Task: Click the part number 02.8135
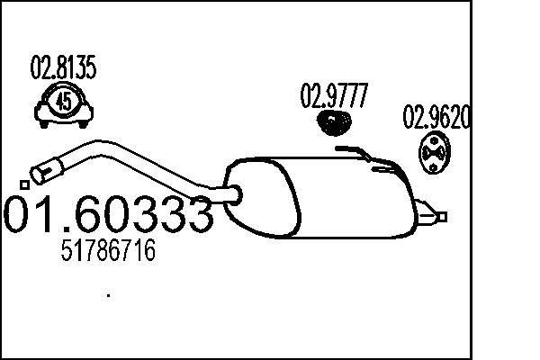pyautogui.click(x=64, y=67)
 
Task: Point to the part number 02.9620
pyautogui.click(x=436, y=118)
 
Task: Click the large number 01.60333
pyautogui.click(x=109, y=215)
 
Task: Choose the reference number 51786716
pyautogui.click(x=107, y=251)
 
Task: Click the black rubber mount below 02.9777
pyautogui.click(x=335, y=121)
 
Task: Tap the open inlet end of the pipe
pyautogui.click(x=42, y=167)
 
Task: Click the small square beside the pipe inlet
pyautogui.click(x=24, y=184)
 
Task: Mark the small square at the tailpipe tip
pyautogui.click(x=443, y=215)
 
